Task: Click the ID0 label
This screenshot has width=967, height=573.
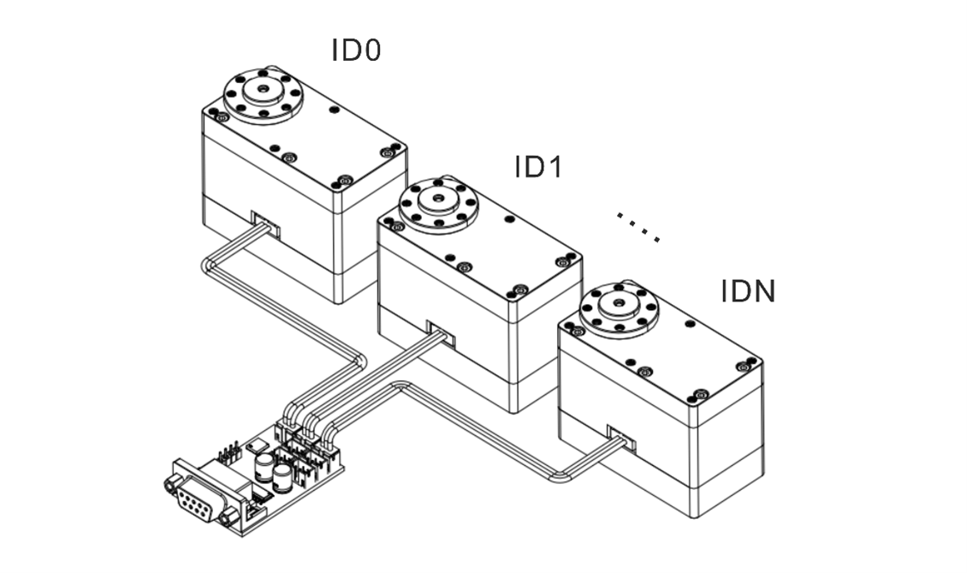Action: coord(356,51)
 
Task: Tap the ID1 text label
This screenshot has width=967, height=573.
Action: coord(538,167)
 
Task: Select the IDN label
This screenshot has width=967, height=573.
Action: coord(748,292)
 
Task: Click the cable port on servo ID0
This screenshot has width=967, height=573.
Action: coord(265,222)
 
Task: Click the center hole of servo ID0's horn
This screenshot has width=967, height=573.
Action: coord(261,88)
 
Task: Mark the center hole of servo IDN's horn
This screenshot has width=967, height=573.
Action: coord(619,304)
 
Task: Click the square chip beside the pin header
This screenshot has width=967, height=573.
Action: coord(256,446)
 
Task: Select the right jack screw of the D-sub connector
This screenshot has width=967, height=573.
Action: coord(228,516)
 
